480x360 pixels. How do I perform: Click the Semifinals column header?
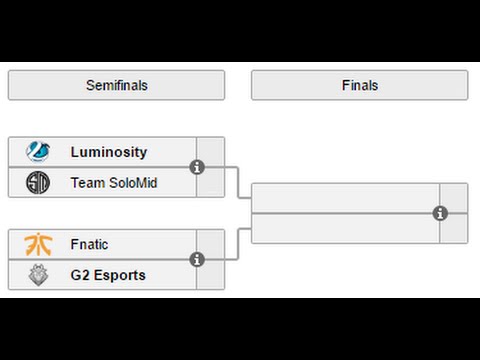[116, 85]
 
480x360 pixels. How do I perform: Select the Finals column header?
[359, 85]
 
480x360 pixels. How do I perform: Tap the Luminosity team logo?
[39, 152]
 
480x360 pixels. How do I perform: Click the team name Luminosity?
[109, 152]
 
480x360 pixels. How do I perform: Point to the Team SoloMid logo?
[39, 182]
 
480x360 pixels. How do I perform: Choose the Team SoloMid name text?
[114, 182]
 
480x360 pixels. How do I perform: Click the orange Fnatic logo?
[39, 245]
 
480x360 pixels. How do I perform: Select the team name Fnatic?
[90, 245]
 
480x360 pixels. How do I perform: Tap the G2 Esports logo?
[39, 275]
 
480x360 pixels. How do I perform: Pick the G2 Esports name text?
[108, 275]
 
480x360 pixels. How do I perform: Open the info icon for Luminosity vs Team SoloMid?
[197, 167]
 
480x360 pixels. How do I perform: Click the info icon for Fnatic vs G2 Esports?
[197, 260]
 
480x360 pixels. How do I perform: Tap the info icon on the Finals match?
[440, 213]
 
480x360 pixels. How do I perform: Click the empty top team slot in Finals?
[345, 198]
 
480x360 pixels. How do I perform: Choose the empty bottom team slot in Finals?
[345, 228]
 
